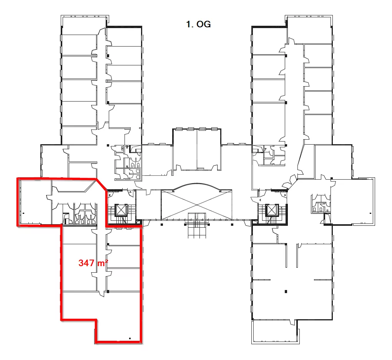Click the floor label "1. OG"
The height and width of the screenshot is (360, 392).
pos(198,24)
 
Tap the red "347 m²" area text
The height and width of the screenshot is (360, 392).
pos(93,263)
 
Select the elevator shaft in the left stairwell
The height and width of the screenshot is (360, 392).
pos(121,210)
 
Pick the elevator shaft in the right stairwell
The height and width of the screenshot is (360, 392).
pos(272,210)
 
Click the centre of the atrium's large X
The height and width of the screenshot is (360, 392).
pos(197,205)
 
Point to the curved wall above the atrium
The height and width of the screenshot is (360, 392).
pos(196,185)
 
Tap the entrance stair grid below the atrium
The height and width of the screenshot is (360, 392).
pos(197,225)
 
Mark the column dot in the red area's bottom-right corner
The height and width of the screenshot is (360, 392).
pos(130,338)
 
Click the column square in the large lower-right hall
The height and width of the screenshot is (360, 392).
pos(286,292)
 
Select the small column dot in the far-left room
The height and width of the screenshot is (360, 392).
pos(23,213)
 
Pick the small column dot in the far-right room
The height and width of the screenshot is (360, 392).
pos(370,213)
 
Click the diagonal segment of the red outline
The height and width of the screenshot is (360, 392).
pos(101,185)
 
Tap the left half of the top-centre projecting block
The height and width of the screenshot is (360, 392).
pos(185,149)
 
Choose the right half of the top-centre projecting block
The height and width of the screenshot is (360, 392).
pos(209,149)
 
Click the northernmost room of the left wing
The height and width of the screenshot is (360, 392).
pos(85,25)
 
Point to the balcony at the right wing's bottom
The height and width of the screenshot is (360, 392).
pos(275,332)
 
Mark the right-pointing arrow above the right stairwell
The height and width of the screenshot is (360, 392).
pos(285,195)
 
